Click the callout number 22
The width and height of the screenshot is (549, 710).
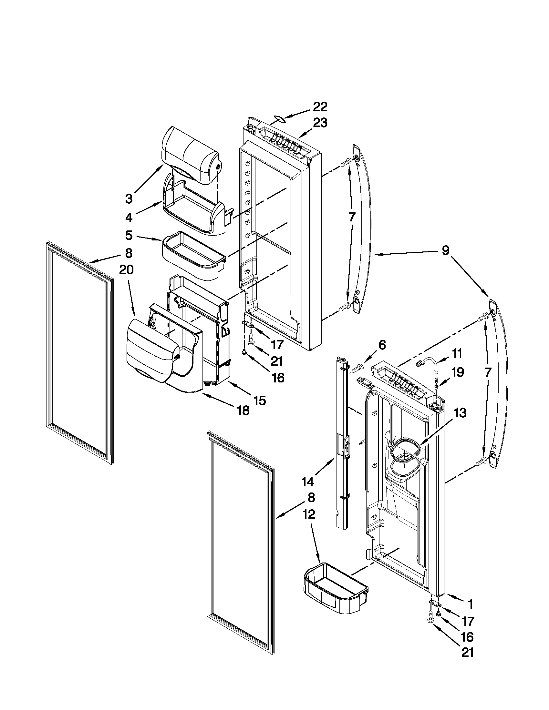[320, 107]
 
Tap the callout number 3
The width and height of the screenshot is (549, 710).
[129, 198]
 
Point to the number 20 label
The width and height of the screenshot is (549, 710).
[127, 270]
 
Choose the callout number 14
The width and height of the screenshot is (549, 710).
[308, 491]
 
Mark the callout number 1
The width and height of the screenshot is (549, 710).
[470, 604]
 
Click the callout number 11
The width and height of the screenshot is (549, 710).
[457, 353]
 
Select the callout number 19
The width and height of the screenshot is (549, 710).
[457, 372]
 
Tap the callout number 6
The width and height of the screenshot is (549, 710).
[382, 345]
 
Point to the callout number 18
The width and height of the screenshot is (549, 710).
[243, 411]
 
